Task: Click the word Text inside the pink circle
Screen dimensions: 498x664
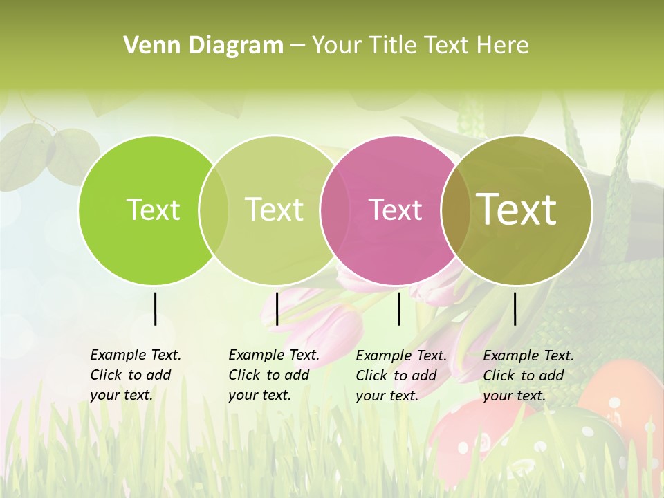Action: point(396,210)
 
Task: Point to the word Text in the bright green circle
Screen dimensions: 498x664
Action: point(154,210)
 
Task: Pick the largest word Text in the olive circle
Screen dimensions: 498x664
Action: point(517,209)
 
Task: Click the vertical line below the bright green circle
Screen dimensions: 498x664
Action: point(155,308)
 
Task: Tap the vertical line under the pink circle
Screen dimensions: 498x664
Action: point(399,308)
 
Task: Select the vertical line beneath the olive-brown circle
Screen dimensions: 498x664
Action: point(515,308)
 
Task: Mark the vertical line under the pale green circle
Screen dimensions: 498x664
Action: point(277,308)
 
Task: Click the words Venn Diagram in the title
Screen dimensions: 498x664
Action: point(203,46)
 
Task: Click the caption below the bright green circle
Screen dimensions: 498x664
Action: point(135,375)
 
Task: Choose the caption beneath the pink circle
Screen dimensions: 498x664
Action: point(400,376)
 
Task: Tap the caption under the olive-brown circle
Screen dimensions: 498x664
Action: point(528,376)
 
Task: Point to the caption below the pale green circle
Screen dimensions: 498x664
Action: point(273,375)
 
